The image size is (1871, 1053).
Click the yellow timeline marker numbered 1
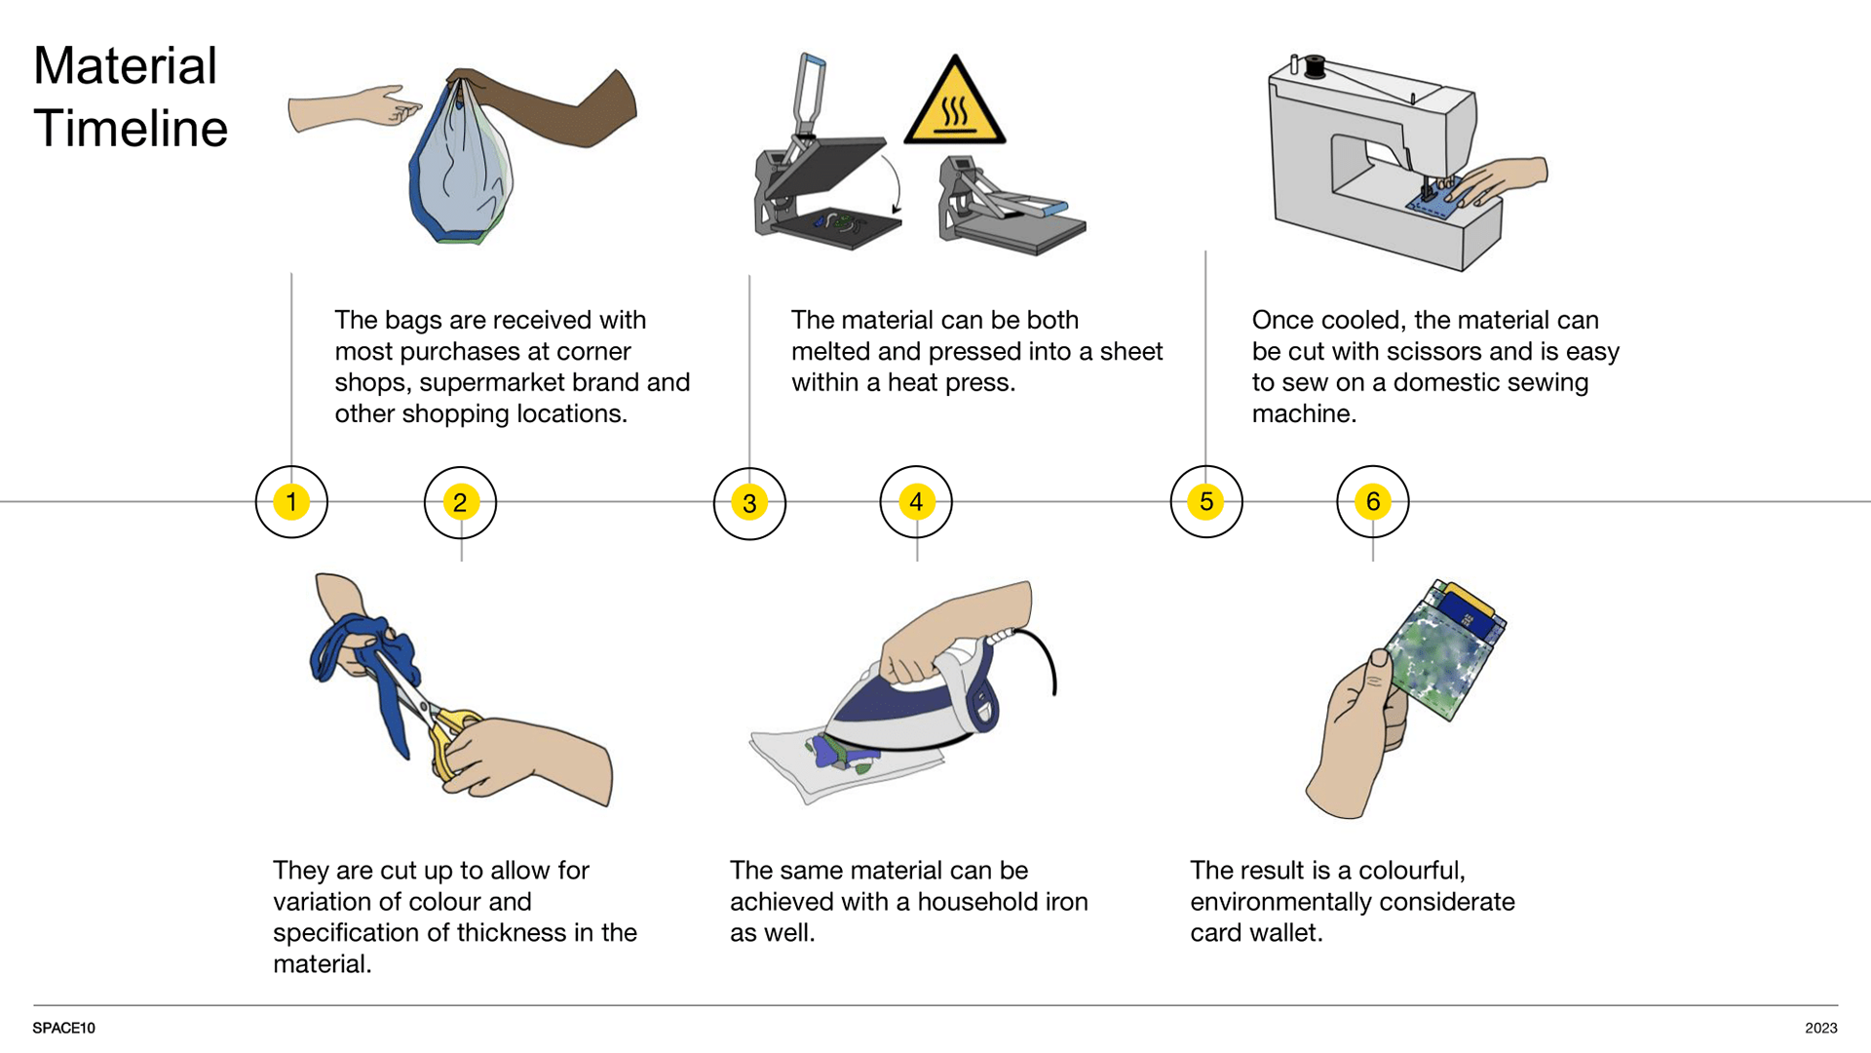click(291, 502)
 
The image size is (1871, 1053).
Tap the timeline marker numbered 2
click(460, 502)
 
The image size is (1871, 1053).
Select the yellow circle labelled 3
click(749, 503)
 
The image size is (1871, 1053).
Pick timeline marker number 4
click(916, 502)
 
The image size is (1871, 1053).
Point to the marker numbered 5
click(1206, 502)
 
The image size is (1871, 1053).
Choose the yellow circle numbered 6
click(1373, 502)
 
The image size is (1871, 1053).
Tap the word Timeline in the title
click(131, 129)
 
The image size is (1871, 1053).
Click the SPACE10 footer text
click(64, 1028)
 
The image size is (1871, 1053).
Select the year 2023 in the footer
click(1821, 1028)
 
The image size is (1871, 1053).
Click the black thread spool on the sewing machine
click(1315, 66)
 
